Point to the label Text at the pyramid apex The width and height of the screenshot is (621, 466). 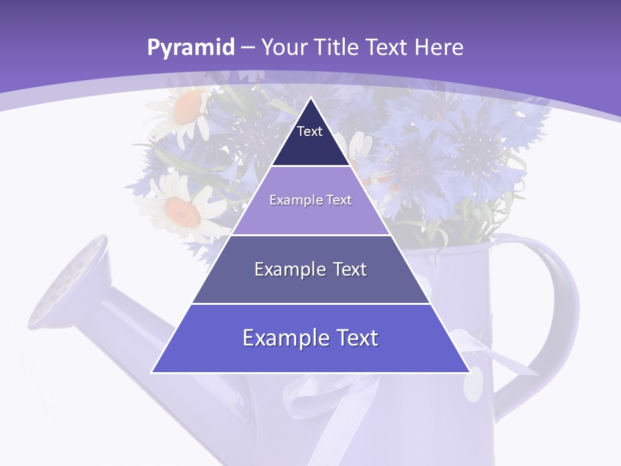[x=310, y=131]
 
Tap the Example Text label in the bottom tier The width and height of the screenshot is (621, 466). [x=310, y=338]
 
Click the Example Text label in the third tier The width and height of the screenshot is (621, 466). [x=310, y=269]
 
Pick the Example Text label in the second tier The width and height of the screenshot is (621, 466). [x=310, y=200]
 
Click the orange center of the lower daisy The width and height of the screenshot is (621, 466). [x=181, y=208]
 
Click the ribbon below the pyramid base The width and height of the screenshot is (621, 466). [x=323, y=401]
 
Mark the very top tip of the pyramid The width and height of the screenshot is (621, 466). [x=310, y=98]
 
